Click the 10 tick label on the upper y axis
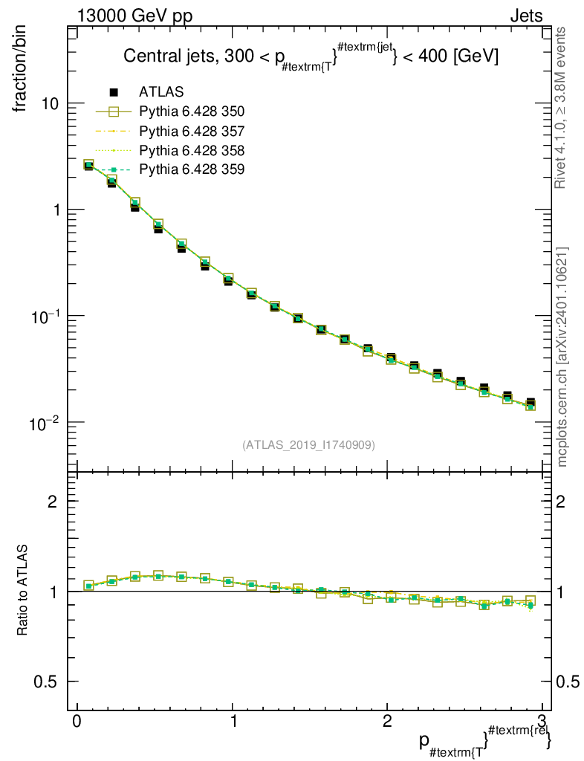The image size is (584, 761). [x=48, y=104]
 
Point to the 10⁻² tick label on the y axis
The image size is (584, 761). [x=44, y=423]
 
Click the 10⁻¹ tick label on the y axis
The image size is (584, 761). [x=44, y=317]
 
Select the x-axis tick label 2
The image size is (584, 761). [x=387, y=721]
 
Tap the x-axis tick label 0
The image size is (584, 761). [x=77, y=721]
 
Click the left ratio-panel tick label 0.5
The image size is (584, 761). [x=45, y=682]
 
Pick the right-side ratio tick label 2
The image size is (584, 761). [x=561, y=502]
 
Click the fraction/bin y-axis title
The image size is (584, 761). [x=20, y=69]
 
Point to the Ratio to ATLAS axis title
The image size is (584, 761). [x=22, y=590]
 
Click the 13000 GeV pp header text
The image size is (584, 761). [x=134, y=16]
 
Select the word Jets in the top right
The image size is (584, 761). [x=526, y=16]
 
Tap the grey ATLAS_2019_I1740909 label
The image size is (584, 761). [x=308, y=444]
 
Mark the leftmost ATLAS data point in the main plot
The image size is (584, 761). [x=88, y=166]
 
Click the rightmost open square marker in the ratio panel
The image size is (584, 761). [x=531, y=600]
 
